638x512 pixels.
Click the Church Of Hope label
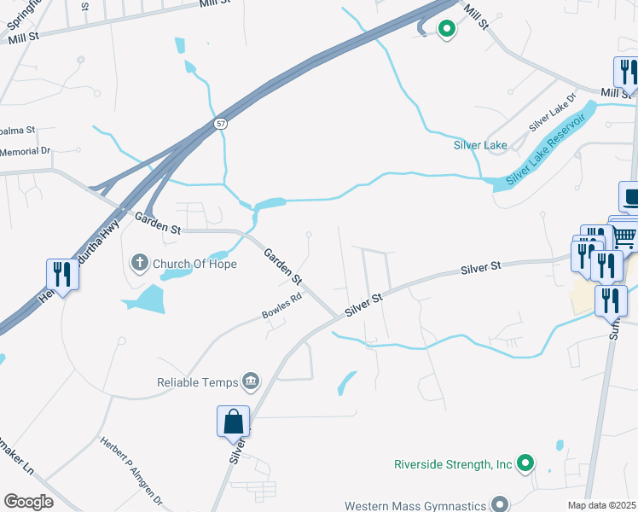pyautogui.click(x=194, y=264)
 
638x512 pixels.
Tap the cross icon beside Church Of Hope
pyautogui.click(x=139, y=264)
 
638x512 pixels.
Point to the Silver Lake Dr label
pyautogui.click(x=552, y=113)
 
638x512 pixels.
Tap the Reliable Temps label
pyautogui.click(x=197, y=381)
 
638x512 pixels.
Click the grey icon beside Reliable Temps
pyautogui.click(x=251, y=381)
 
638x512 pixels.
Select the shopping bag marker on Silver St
pyautogui.click(x=233, y=422)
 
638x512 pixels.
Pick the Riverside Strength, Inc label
pyautogui.click(x=452, y=464)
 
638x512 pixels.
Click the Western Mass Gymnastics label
pyautogui.click(x=415, y=505)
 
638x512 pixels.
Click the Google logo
pyautogui.click(x=28, y=501)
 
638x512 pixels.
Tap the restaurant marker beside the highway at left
pyautogui.click(x=61, y=273)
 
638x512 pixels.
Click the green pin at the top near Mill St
pyautogui.click(x=446, y=30)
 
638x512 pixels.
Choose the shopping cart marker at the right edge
pyautogui.click(x=625, y=235)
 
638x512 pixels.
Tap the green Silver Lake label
pyautogui.click(x=480, y=145)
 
